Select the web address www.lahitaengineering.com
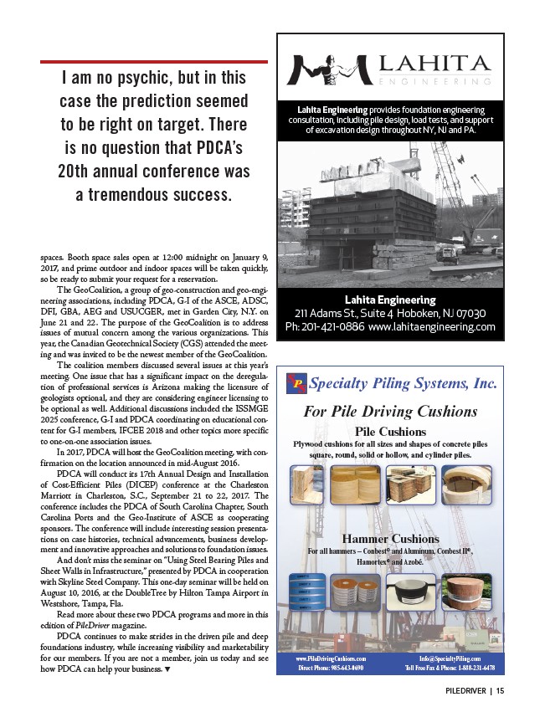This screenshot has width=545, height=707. [x=431, y=326]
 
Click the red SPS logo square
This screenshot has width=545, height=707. [x=298, y=383]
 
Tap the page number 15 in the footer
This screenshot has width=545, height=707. [x=499, y=691]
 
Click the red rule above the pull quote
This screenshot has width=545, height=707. [x=154, y=61]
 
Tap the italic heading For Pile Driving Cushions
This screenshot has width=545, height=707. [x=390, y=412]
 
